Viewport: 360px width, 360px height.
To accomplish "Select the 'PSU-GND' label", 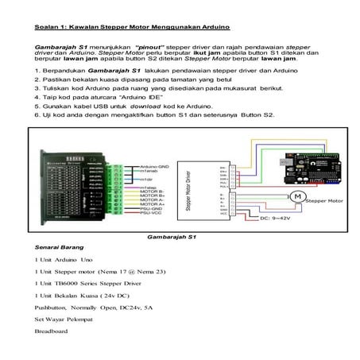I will tap(151, 210).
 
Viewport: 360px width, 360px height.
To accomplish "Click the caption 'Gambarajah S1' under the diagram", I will tap(178, 237).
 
